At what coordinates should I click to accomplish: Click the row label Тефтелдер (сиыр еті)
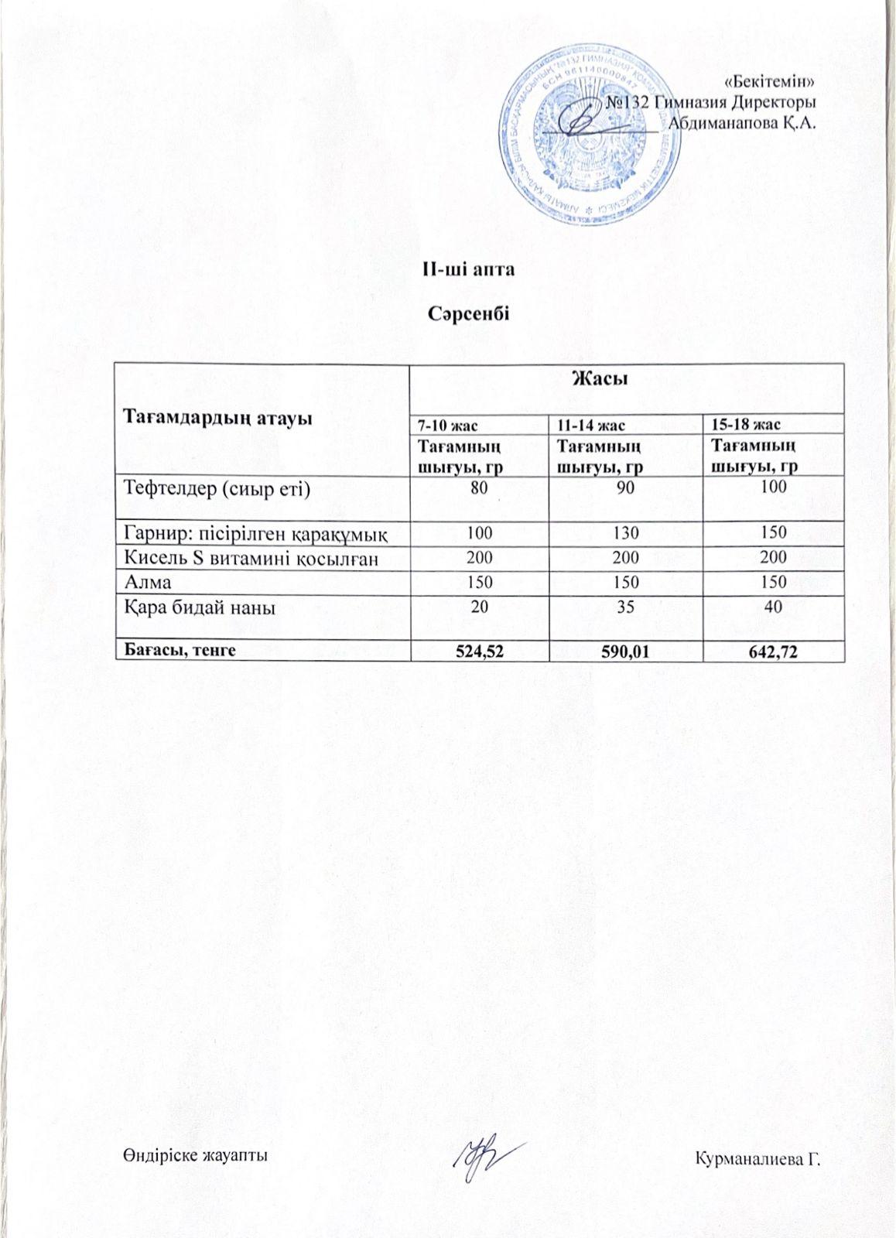click(217, 488)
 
